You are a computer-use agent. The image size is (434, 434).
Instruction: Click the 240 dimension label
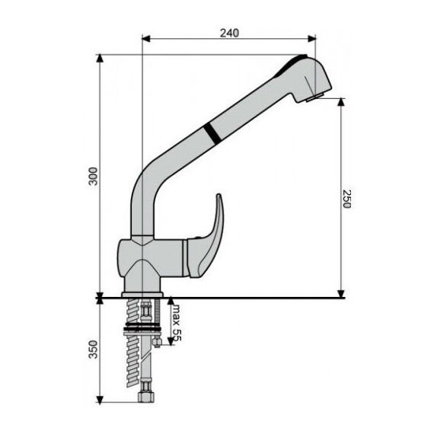click(229, 33)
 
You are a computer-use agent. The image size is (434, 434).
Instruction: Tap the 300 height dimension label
click(94, 177)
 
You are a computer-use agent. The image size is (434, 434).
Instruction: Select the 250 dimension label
click(346, 199)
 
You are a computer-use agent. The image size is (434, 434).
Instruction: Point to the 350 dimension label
click(94, 349)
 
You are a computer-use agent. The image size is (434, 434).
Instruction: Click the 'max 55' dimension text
click(177, 323)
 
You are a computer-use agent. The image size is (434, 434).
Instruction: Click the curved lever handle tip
click(219, 196)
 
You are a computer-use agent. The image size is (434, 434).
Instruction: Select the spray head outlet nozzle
click(315, 97)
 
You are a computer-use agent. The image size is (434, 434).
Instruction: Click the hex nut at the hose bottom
click(146, 395)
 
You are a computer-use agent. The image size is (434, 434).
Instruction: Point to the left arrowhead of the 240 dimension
click(145, 39)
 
